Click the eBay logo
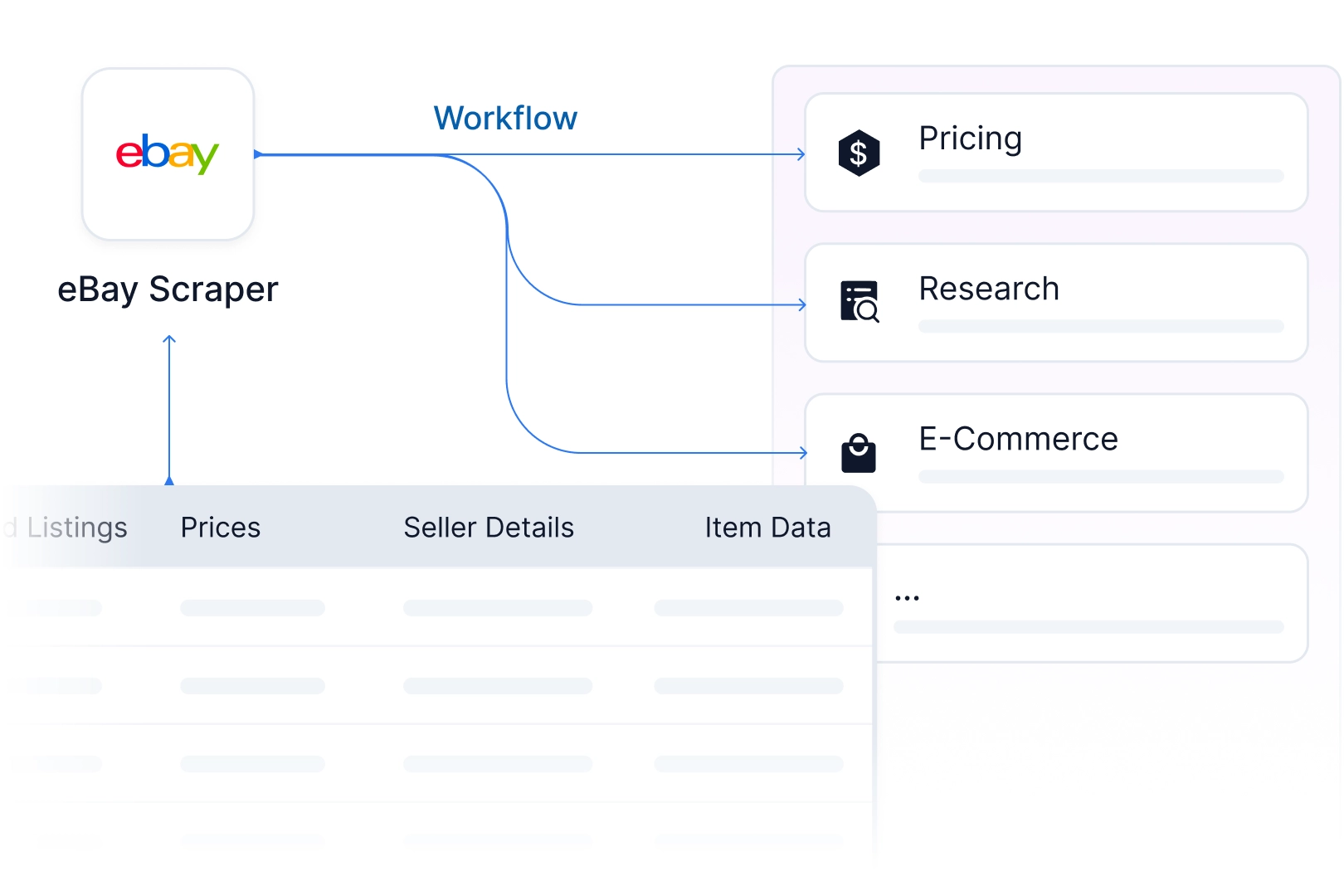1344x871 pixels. point(168,154)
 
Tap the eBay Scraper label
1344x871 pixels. point(168,290)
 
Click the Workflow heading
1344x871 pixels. point(505,118)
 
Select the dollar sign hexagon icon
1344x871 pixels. point(859,153)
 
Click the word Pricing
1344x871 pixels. point(970,139)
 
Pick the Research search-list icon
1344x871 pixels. point(859,302)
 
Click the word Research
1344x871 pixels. point(989,289)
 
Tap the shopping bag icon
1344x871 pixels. point(859,453)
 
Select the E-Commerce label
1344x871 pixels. point(1018,439)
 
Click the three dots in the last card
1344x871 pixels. point(907,598)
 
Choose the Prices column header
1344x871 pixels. point(220,528)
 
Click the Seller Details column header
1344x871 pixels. point(489,528)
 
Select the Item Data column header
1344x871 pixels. point(767,528)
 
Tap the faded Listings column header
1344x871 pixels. point(77,528)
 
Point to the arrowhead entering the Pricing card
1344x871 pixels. point(801,154)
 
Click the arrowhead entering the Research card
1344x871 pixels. point(802,304)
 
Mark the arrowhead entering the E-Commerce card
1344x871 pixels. point(803,453)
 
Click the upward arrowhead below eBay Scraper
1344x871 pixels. point(169,339)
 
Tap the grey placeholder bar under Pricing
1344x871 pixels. point(1101,176)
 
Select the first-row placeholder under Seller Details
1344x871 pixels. point(498,608)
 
